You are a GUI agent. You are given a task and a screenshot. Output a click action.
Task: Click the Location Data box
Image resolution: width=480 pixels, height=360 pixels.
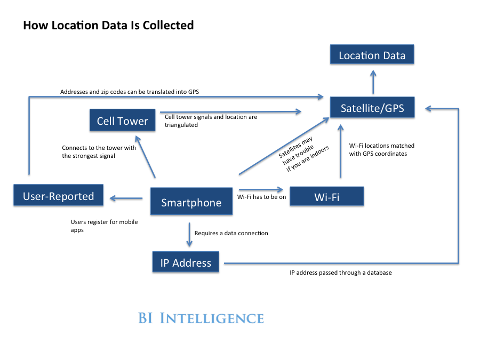(x=372, y=55)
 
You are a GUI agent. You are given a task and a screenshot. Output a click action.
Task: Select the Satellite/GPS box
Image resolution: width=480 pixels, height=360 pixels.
(x=372, y=108)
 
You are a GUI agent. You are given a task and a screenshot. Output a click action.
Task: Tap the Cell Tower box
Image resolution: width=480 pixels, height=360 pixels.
(x=122, y=121)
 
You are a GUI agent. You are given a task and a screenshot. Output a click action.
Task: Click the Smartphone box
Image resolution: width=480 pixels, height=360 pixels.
(x=191, y=202)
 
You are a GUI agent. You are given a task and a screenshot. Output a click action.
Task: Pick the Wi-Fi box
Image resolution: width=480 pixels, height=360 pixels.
(x=326, y=197)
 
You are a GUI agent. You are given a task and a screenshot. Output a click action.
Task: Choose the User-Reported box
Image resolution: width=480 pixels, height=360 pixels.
(x=58, y=196)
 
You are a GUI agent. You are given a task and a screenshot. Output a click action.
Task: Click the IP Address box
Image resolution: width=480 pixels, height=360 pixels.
(x=186, y=262)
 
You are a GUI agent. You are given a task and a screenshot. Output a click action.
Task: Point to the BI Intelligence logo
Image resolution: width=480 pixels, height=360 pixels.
(x=201, y=318)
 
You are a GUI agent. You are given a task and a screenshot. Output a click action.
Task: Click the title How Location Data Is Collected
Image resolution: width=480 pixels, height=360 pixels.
(x=108, y=25)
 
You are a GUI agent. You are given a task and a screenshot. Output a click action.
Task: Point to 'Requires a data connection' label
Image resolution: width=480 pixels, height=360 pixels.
(x=231, y=233)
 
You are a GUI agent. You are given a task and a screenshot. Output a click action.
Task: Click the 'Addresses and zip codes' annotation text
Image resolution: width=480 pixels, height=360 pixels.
(x=130, y=92)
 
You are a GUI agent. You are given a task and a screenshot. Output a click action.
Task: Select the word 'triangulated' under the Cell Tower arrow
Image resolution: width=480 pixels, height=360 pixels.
(x=181, y=125)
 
